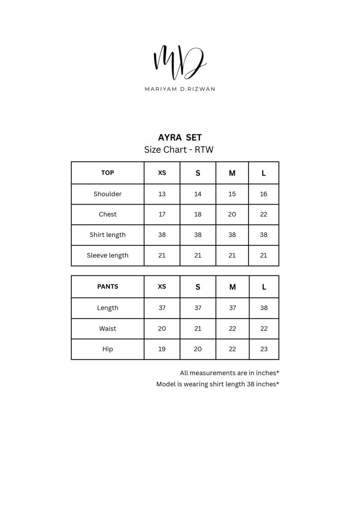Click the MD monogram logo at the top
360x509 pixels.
coord(180,62)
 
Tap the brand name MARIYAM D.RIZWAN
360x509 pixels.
coord(180,89)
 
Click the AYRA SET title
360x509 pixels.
coord(180,137)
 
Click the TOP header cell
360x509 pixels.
coord(107,173)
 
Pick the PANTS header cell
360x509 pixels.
coord(107,287)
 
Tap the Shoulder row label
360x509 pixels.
coord(107,194)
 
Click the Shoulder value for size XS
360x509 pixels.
coord(162,194)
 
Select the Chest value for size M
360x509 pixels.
coord(232,214)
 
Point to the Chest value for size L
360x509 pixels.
coord(264,214)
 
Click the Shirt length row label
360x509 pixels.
coord(107,235)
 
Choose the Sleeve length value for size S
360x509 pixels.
coord(198,255)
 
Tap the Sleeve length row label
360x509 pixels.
coord(107,255)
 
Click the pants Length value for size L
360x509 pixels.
coord(264,308)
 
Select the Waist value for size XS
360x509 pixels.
coord(162,328)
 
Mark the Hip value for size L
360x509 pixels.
coord(264,349)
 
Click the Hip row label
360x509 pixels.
coord(107,349)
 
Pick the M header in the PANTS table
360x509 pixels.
coord(232,287)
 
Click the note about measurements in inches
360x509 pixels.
coord(229,373)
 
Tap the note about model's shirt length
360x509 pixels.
coord(217,384)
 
